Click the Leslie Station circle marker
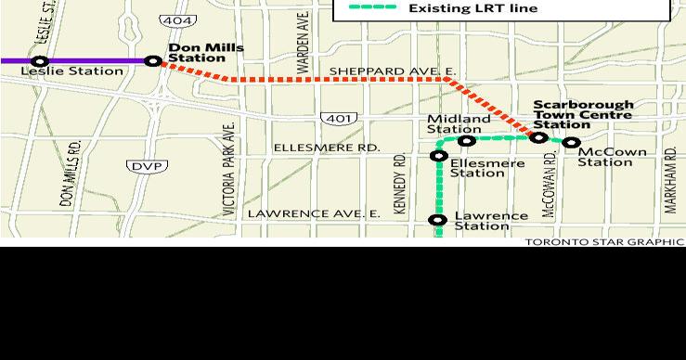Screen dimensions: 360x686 point(39,61)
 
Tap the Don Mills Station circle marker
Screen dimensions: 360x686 point(154,61)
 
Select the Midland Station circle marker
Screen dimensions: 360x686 point(467,141)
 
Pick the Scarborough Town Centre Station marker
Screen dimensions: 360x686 point(538,137)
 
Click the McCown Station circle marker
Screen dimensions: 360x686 point(572,143)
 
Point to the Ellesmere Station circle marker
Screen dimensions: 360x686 point(439,156)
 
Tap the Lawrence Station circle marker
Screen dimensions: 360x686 point(438,220)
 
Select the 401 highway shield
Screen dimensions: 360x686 point(335,118)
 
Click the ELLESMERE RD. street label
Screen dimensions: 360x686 point(326,148)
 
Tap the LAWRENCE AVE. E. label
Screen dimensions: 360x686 point(313,213)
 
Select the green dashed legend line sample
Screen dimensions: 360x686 point(372,8)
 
